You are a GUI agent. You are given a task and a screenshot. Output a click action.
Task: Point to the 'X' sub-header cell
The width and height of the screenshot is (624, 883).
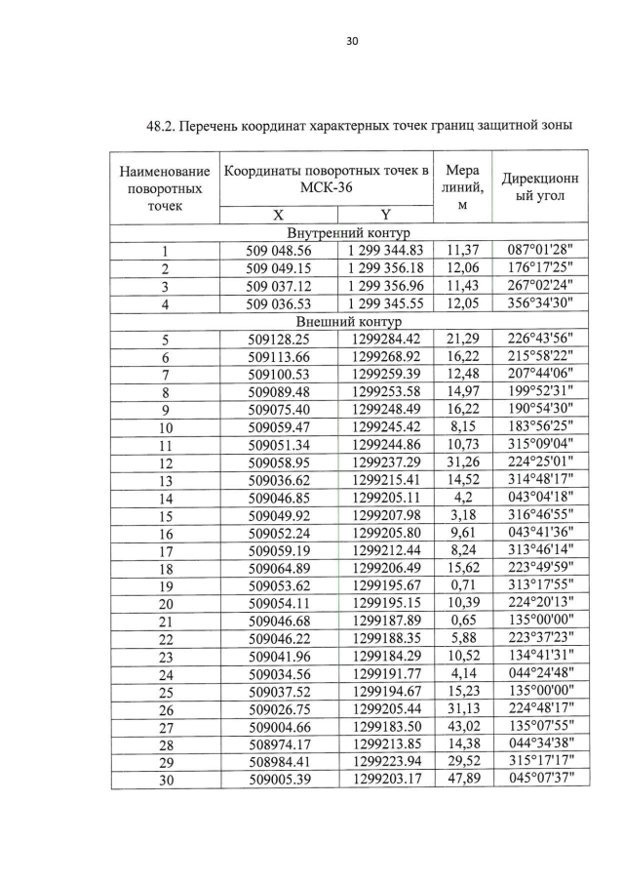[x=278, y=216]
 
